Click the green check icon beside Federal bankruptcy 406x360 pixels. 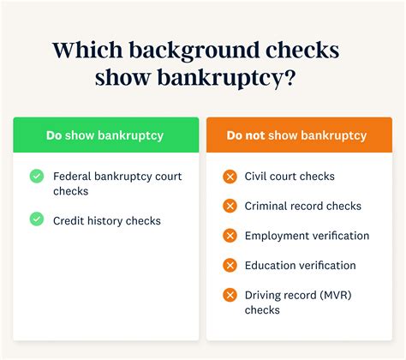(x=36, y=176)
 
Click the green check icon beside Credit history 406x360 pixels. (x=36, y=219)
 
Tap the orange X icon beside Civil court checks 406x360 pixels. (x=230, y=177)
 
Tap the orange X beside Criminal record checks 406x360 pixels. (x=230, y=206)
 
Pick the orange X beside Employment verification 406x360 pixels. (x=230, y=236)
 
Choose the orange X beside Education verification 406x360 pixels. (x=230, y=266)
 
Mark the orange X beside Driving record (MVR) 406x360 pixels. (x=230, y=295)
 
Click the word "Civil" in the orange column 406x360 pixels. (x=258, y=177)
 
